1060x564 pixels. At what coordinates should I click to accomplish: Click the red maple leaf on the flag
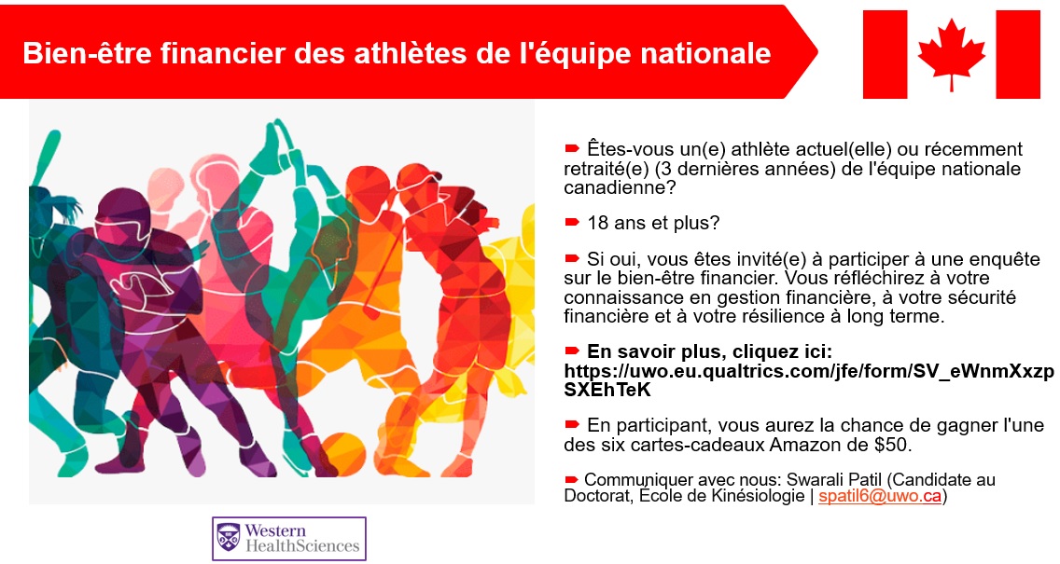pos(951,53)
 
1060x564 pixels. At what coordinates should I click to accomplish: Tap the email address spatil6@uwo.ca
pos(879,497)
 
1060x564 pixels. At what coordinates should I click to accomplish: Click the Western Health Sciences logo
pos(288,538)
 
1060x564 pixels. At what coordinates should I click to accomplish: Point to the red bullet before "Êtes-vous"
pos(572,148)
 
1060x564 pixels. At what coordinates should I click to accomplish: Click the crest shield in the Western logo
pos(229,538)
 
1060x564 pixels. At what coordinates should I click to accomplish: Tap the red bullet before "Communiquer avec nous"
pos(572,479)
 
